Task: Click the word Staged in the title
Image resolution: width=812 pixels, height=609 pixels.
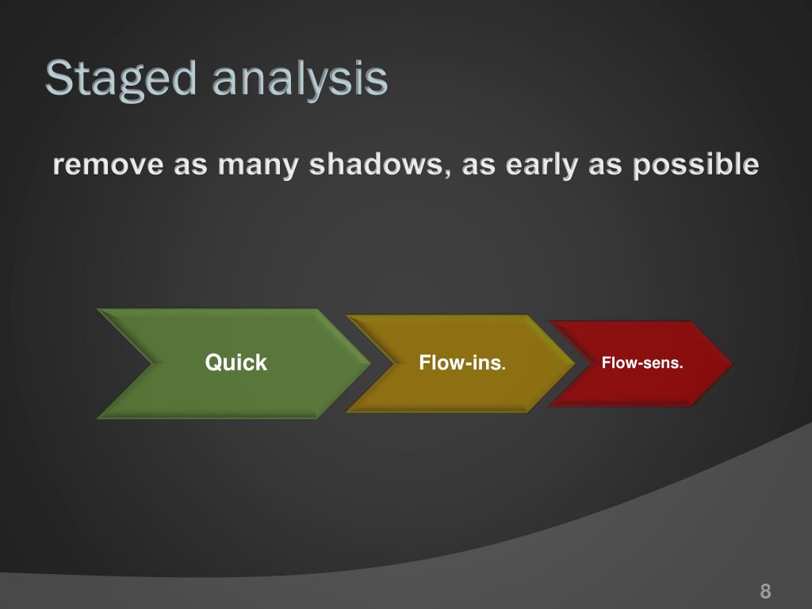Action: tap(121, 79)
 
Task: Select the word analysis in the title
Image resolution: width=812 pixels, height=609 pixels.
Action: tap(300, 79)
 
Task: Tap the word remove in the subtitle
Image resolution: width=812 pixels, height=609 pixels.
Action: tap(108, 165)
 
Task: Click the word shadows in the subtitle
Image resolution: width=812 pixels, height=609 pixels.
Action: tap(375, 164)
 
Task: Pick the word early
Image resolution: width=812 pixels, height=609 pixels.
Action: tap(542, 166)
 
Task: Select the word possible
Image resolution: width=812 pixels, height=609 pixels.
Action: tap(696, 166)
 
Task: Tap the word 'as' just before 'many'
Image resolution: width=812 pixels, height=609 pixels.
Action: tap(190, 167)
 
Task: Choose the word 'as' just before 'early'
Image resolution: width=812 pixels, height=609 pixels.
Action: tap(478, 167)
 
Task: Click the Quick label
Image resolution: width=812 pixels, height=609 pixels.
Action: tap(236, 362)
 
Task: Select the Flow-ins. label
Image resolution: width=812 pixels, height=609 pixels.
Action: tap(462, 362)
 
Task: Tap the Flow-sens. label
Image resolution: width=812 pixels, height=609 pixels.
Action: tap(642, 362)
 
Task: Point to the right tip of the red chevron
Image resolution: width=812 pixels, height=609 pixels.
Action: tap(733, 363)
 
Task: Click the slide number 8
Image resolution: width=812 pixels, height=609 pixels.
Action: tap(765, 591)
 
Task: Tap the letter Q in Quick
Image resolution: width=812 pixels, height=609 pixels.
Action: tap(213, 362)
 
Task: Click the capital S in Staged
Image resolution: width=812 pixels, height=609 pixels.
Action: tap(59, 78)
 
